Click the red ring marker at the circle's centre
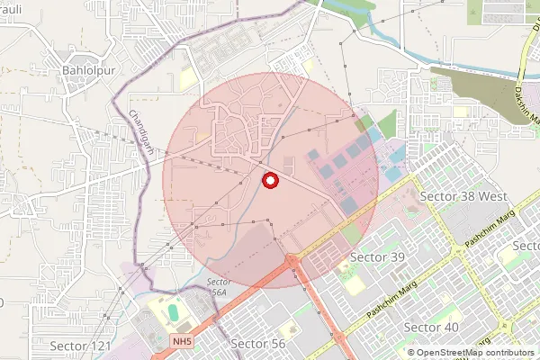coord(269,181)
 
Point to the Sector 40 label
coord(431,327)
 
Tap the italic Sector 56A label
coord(217,287)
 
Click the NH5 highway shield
coord(184,341)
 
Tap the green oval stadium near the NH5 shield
coord(173,311)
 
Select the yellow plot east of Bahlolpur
coord(187,80)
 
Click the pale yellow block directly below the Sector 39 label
coord(356,283)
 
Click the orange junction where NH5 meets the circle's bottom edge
coord(292,263)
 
